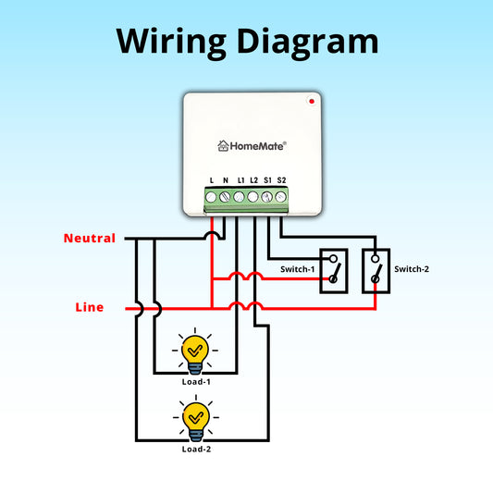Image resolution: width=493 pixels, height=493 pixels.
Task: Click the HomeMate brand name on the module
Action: tap(258, 145)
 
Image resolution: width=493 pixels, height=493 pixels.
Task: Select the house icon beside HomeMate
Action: tap(223, 145)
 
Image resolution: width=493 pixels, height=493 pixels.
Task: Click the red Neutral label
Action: tap(89, 239)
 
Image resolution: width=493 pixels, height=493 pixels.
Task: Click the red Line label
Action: tap(89, 307)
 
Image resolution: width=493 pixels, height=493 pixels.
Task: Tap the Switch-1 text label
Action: tap(298, 269)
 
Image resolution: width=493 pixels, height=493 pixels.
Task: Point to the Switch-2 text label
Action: tap(412, 269)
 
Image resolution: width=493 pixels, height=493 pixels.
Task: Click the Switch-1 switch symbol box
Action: tap(334, 271)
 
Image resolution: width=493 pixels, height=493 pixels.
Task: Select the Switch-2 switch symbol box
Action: tap(376, 271)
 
